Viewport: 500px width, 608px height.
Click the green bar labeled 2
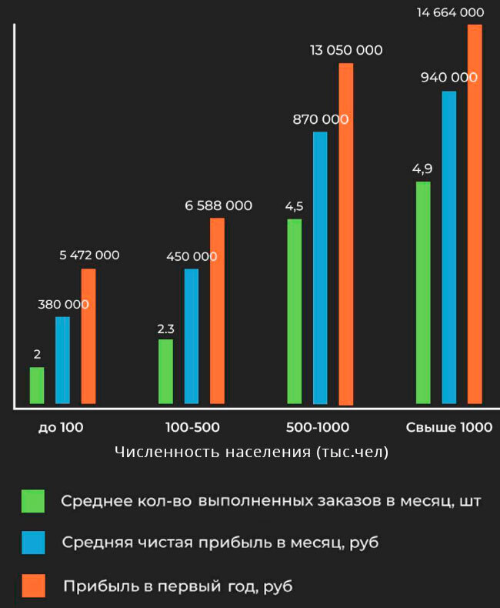click(37, 386)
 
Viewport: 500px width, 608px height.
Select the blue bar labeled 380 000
click(62, 360)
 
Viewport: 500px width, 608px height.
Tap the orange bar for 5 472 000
click(88, 336)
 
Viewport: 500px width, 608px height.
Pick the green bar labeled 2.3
click(165, 372)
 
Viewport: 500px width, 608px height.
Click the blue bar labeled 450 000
click(192, 336)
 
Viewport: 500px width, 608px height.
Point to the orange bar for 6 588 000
click(218, 311)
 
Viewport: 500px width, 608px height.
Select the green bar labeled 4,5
click(295, 312)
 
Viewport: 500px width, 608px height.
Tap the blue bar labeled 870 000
click(320, 268)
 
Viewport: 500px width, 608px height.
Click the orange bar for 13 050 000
click(346, 234)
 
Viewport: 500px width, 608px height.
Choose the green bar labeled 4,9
click(423, 292)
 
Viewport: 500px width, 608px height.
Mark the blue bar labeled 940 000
click(449, 247)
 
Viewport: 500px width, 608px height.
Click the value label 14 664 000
click(450, 12)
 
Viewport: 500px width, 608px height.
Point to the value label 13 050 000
click(346, 51)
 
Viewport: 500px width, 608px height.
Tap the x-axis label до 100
click(61, 428)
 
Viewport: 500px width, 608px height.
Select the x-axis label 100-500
click(192, 428)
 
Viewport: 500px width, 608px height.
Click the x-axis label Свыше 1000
click(449, 428)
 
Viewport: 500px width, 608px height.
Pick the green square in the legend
click(33, 501)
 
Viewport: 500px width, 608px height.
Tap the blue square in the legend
click(33, 543)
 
